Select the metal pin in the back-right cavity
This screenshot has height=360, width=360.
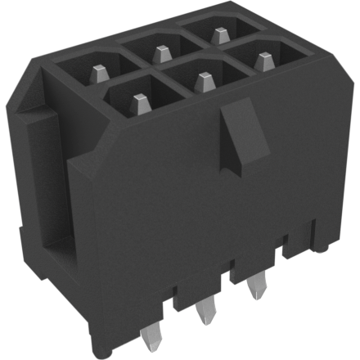coord(218,34)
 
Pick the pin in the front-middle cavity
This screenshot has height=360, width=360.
coord(202,79)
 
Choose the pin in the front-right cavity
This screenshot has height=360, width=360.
coord(262,60)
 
